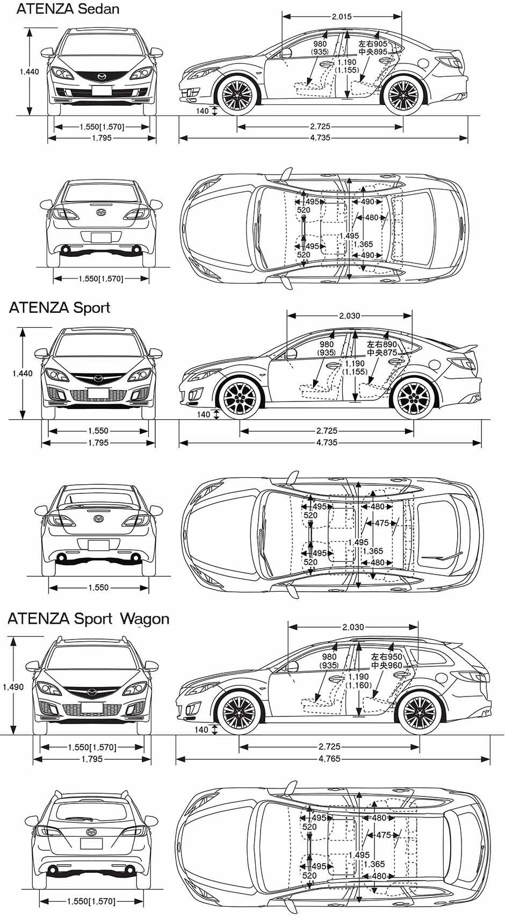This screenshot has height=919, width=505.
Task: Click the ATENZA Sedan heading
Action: (68, 9)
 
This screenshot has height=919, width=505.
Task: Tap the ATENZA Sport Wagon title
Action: (88, 618)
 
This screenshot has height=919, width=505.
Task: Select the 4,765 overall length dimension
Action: (329, 759)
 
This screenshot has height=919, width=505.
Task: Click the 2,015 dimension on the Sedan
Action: (342, 17)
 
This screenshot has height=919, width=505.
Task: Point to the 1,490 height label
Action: (13, 687)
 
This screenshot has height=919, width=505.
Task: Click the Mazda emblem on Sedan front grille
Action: (102, 76)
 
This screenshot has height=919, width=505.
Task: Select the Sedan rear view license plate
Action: (101, 239)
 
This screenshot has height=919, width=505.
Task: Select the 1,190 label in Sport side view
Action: (355, 363)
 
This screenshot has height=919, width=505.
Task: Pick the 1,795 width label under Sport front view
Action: (98, 443)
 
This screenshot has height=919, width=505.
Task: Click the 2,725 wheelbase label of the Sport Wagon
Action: (329, 746)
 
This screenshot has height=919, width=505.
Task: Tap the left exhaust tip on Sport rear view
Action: (61, 558)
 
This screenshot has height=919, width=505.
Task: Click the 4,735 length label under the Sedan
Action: (320, 138)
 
